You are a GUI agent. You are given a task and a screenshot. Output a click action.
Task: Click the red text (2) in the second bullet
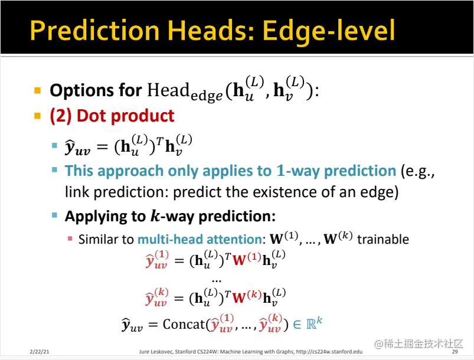[x=61, y=116]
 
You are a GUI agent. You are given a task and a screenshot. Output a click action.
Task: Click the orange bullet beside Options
[x=38, y=90]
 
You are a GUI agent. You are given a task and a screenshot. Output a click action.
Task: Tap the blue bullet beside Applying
[x=54, y=215]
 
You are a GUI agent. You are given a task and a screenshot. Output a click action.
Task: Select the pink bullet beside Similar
[x=70, y=238]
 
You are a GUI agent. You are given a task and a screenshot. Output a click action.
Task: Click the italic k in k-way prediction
[x=155, y=216]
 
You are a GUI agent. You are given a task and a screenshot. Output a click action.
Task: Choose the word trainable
[x=383, y=239]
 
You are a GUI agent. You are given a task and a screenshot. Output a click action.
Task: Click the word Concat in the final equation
[x=184, y=324]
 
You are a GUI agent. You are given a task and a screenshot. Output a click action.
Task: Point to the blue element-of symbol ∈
[x=297, y=325]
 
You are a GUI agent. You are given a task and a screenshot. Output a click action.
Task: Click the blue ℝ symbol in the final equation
[x=311, y=324]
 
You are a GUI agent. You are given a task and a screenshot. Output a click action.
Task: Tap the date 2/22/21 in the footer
[x=40, y=352]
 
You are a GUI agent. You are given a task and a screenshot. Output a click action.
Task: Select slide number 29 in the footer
[x=455, y=352]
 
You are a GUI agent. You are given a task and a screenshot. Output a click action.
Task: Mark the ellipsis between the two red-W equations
[x=217, y=281]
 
